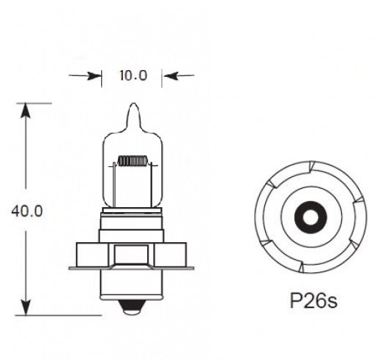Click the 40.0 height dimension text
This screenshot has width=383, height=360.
27,211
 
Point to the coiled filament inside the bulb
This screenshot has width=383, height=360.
132,160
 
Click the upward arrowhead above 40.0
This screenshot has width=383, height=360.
26,111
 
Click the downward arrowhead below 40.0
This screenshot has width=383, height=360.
26,307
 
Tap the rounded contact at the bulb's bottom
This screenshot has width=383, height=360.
132,310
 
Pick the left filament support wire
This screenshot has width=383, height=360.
114,187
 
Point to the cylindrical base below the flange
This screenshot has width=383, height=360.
132,285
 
